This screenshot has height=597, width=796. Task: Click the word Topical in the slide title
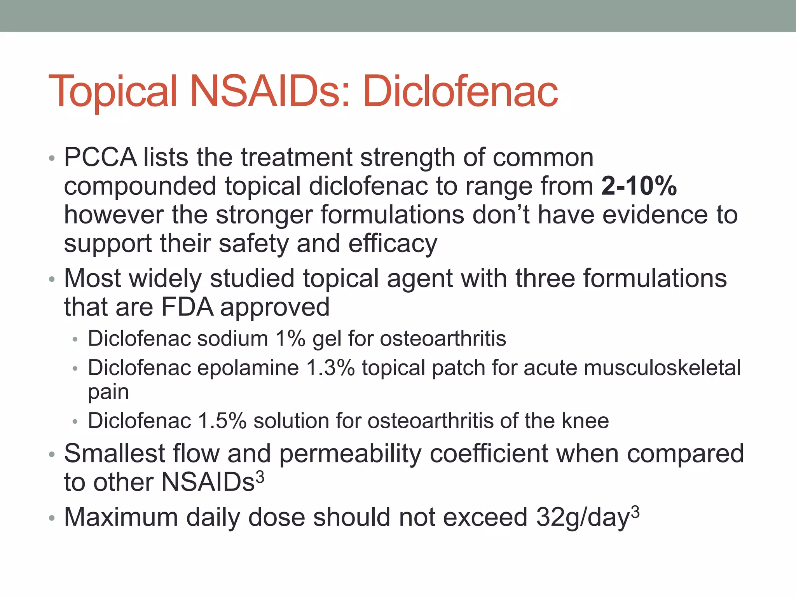(x=113, y=92)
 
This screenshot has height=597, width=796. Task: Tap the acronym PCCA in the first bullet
(x=100, y=157)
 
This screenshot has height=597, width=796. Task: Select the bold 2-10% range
(x=639, y=186)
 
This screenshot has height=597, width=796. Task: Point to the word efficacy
(x=393, y=244)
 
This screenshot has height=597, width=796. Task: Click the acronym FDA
(x=187, y=307)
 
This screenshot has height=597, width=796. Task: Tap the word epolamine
(x=248, y=368)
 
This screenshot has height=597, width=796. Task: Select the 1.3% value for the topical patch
(x=330, y=368)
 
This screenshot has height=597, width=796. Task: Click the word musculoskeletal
(x=632, y=368)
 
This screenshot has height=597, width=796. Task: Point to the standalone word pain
(x=108, y=392)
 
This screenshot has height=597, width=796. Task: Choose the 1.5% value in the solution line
(x=222, y=421)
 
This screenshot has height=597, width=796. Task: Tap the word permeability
(x=350, y=454)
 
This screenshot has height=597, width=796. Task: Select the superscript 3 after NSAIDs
(x=260, y=477)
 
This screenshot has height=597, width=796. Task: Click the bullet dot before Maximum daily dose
(x=52, y=518)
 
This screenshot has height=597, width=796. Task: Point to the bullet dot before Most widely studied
(x=52, y=279)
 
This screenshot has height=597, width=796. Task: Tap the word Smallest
(x=115, y=454)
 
